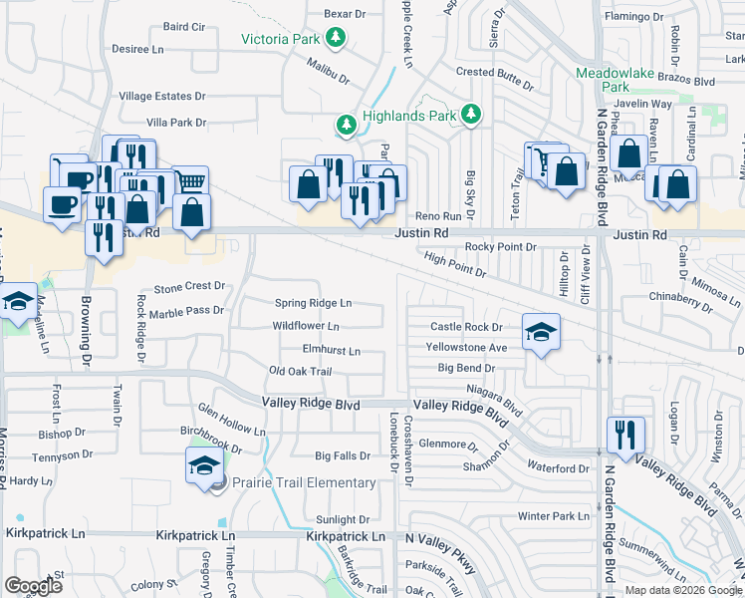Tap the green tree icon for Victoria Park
[x=338, y=39]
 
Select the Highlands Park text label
[x=409, y=117]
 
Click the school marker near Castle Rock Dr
[x=541, y=333]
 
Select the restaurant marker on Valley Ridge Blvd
[x=625, y=435]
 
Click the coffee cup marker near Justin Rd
[x=63, y=206]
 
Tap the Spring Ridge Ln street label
[x=313, y=302]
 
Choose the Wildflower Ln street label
[x=306, y=326]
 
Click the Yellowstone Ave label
[x=467, y=348]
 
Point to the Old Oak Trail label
[x=300, y=372]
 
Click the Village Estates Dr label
[x=161, y=97]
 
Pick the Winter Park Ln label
[x=555, y=516]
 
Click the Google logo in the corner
[x=34, y=585]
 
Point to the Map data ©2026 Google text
[x=682, y=590]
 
